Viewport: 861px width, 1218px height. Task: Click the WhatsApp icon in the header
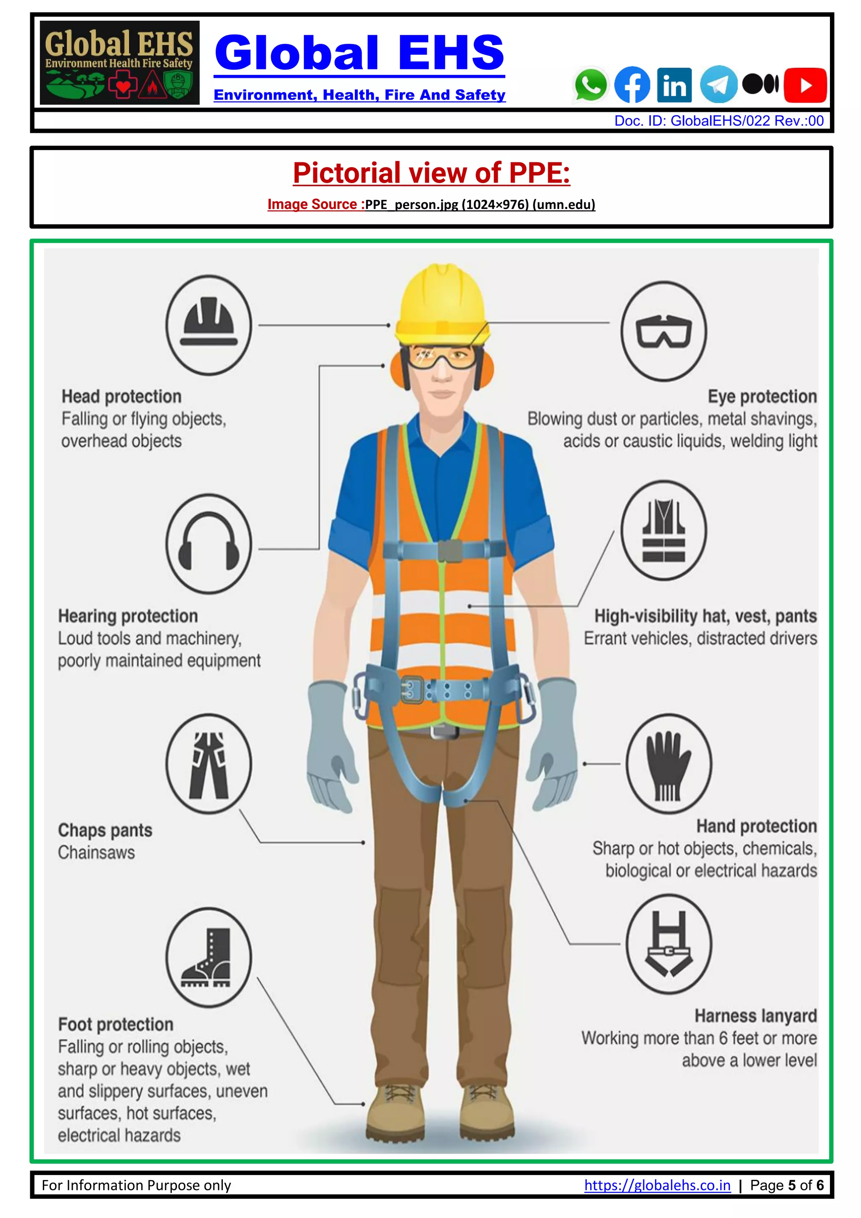(590, 85)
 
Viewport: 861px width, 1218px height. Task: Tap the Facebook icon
(632, 85)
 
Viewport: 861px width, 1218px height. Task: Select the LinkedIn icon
(674, 85)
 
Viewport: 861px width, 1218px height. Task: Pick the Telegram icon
(718, 85)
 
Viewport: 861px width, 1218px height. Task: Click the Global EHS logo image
(120, 63)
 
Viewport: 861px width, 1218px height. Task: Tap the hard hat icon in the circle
(209, 325)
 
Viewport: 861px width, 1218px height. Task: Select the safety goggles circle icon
(663, 331)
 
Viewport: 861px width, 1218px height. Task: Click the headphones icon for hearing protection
(209, 544)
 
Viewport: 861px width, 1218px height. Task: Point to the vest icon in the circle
(663, 530)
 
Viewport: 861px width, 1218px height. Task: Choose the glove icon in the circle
(668, 764)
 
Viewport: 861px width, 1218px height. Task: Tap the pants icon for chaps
(209, 764)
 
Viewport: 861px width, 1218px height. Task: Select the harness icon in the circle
(668, 944)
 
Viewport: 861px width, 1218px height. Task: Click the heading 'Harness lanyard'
(755, 1015)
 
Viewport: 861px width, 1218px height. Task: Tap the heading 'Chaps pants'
(105, 830)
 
